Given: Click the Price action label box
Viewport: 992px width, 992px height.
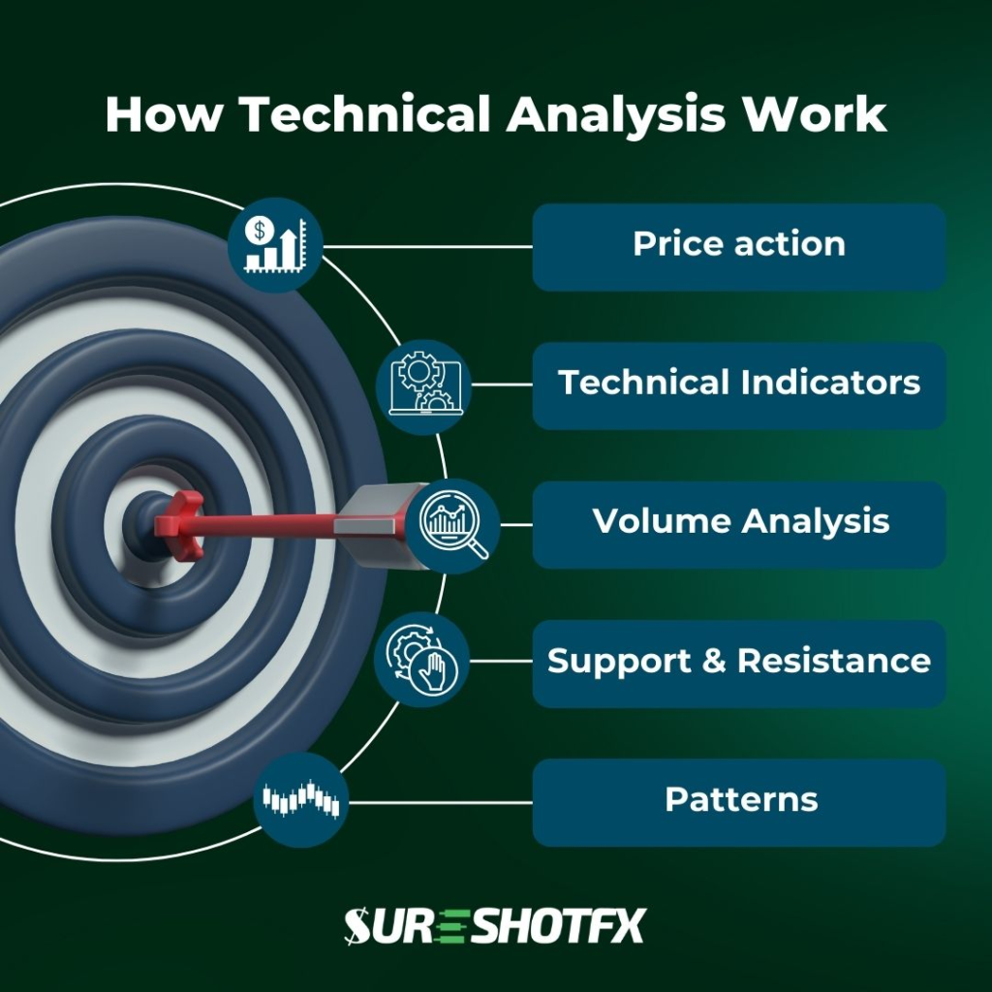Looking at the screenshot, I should point(738,246).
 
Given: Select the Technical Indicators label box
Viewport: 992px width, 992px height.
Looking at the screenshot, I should point(738,385).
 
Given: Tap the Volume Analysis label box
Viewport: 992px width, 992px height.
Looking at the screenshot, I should point(738,523).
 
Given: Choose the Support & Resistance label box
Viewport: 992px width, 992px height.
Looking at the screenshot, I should point(738,663).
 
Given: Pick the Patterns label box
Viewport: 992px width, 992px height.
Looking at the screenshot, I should point(738,802).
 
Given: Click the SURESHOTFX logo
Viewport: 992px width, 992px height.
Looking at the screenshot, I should point(494,926).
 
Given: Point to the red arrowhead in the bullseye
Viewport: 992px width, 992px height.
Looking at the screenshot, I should point(180,523).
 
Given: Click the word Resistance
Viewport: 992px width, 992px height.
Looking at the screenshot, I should point(833,662).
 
